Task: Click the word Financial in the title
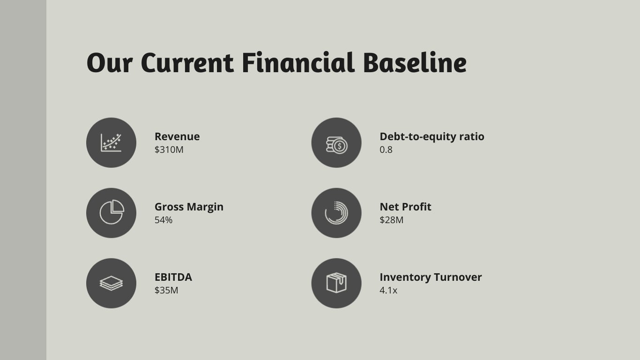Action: tap(298, 63)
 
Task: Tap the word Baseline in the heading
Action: tap(415, 63)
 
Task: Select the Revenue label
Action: tap(177, 137)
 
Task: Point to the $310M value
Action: tap(169, 150)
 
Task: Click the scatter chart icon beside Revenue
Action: tap(111, 142)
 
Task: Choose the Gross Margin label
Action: tap(189, 207)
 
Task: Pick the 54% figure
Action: tap(164, 220)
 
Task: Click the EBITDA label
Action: tap(173, 277)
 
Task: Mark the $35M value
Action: tap(166, 290)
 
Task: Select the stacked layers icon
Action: tap(111, 283)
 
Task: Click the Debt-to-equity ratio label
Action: tap(432, 137)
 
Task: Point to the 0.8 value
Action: tap(386, 150)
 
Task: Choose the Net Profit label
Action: tap(405, 207)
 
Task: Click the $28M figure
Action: tap(391, 220)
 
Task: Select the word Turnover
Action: tap(458, 277)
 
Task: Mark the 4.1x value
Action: tap(388, 290)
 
